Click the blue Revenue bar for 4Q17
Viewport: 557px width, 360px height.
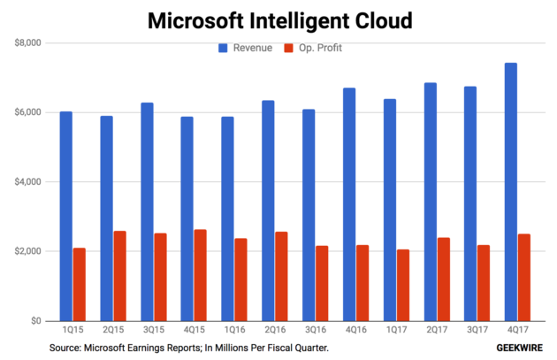[x=510, y=192]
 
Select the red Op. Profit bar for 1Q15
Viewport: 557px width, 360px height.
[x=80, y=284]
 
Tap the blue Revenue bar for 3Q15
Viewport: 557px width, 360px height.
[x=147, y=211]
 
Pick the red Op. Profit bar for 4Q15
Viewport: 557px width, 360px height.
[x=201, y=275]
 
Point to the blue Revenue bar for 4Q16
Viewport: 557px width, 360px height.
[x=349, y=204]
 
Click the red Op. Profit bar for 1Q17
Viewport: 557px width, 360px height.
[x=403, y=285]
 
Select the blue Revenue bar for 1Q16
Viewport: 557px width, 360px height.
[x=227, y=218]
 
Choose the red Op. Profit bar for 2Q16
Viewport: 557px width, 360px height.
[x=281, y=276]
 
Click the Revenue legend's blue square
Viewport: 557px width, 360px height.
[x=223, y=48]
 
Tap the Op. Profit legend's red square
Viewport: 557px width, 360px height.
[x=288, y=48]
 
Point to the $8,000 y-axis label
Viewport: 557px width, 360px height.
[x=28, y=43]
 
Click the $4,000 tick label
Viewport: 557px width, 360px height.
[x=28, y=182]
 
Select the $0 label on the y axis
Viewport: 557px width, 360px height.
[x=36, y=321]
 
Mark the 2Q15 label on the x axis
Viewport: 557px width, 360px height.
[x=113, y=330]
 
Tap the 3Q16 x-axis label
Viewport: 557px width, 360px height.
[x=316, y=330]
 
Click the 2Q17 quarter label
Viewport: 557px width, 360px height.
[x=437, y=330]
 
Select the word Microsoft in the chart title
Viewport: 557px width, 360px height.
[x=195, y=20]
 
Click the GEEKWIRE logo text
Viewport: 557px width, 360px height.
[x=519, y=348]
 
